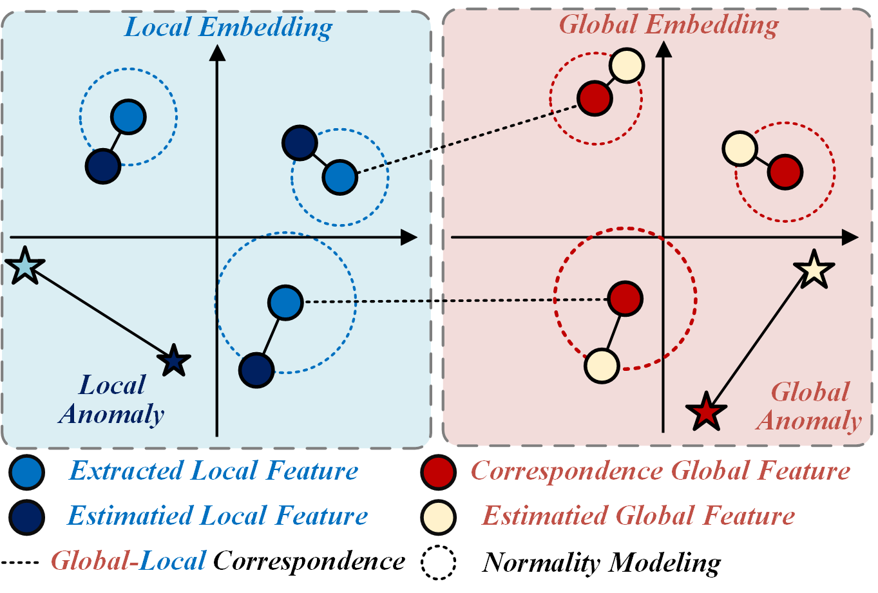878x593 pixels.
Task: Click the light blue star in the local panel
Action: pyautogui.click(x=24, y=266)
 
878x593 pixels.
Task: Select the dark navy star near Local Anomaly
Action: pyautogui.click(x=174, y=361)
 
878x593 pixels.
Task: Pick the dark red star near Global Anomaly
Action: pyautogui.click(x=707, y=411)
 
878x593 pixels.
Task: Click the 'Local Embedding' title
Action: pyautogui.click(x=229, y=28)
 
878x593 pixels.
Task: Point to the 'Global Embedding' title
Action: pyautogui.click(x=669, y=25)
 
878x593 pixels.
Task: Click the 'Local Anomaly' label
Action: pyautogui.click(x=112, y=400)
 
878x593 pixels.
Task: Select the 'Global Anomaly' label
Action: pyautogui.click(x=810, y=406)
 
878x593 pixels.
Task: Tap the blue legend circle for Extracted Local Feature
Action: pyautogui.click(x=27, y=471)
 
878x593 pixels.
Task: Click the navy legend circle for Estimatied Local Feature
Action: pyautogui.click(x=27, y=516)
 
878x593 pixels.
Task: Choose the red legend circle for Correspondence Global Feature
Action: pyautogui.click(x=438, y=471)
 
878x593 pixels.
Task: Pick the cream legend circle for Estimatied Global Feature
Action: pyautogui.click(x=438, y=516)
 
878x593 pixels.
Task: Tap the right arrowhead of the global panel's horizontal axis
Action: pyautogui.click(x=850, y=238)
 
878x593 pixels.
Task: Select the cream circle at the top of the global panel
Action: pyautogui.click(x=626, y=65)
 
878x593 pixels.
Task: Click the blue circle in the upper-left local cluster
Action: pyautogui.click(x=129, y=117)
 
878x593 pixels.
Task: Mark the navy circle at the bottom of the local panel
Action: pyautogui.click(x=256, y=370)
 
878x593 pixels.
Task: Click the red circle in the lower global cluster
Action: pyautogui.click(x=625, y=298)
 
